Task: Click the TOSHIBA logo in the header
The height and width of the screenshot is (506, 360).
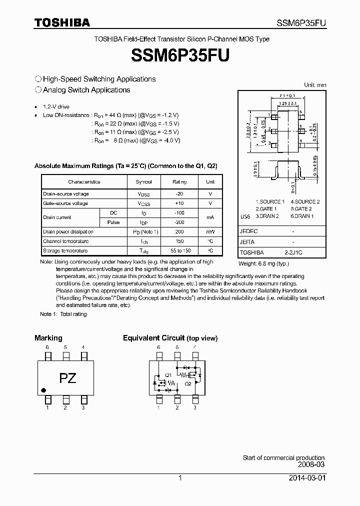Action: click(62, 22)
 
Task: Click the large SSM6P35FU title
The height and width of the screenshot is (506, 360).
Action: click(180, 55)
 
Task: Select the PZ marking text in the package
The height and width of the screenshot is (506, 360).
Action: click(67, 378)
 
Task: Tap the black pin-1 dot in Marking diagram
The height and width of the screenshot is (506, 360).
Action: click(43, 390)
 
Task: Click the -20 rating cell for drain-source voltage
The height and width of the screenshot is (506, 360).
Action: click(179, 194)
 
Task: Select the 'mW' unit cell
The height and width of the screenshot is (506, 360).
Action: click(210, 232)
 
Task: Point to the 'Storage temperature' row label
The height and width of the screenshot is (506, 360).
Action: click(65, 251)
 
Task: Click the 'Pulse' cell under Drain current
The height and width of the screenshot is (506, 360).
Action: click(113, 222)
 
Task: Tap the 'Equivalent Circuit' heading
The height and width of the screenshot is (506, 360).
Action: click(154, 338)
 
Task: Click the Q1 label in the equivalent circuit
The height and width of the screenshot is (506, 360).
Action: click(168, 374)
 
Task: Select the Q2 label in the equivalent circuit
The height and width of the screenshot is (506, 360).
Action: click(188, 383)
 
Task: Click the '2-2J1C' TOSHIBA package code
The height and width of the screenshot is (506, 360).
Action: click(293, 253)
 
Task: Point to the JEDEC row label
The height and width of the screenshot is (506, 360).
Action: click(249, 231)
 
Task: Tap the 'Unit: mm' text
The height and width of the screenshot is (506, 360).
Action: click(315, 85)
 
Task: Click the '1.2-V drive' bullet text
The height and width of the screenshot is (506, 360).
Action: click(56, 107)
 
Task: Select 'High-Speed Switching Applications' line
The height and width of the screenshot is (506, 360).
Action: click(99, 79)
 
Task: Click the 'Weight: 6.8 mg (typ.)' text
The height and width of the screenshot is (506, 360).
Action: click(263, 263)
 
